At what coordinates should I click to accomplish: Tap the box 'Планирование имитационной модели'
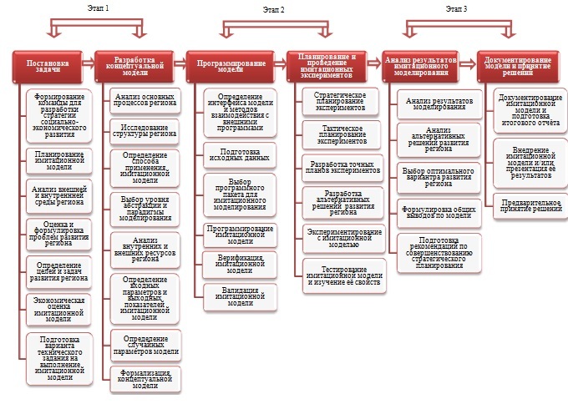coord(59,160)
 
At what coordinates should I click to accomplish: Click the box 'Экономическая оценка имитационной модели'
coord(59,308)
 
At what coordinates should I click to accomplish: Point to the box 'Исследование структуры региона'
coord(145,129)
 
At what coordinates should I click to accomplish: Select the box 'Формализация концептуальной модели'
coord(145,378)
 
